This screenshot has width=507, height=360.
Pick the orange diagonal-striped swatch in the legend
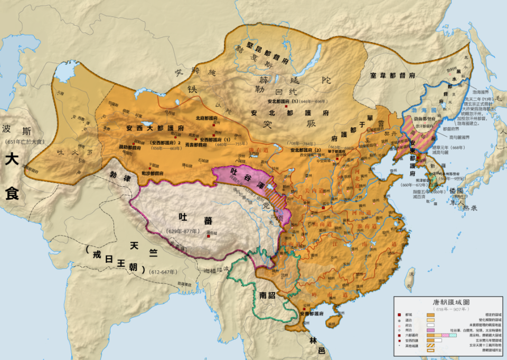coord(431,347)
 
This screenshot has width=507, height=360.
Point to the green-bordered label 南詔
coord(268,295)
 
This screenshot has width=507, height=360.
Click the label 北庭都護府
coord(208,118)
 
